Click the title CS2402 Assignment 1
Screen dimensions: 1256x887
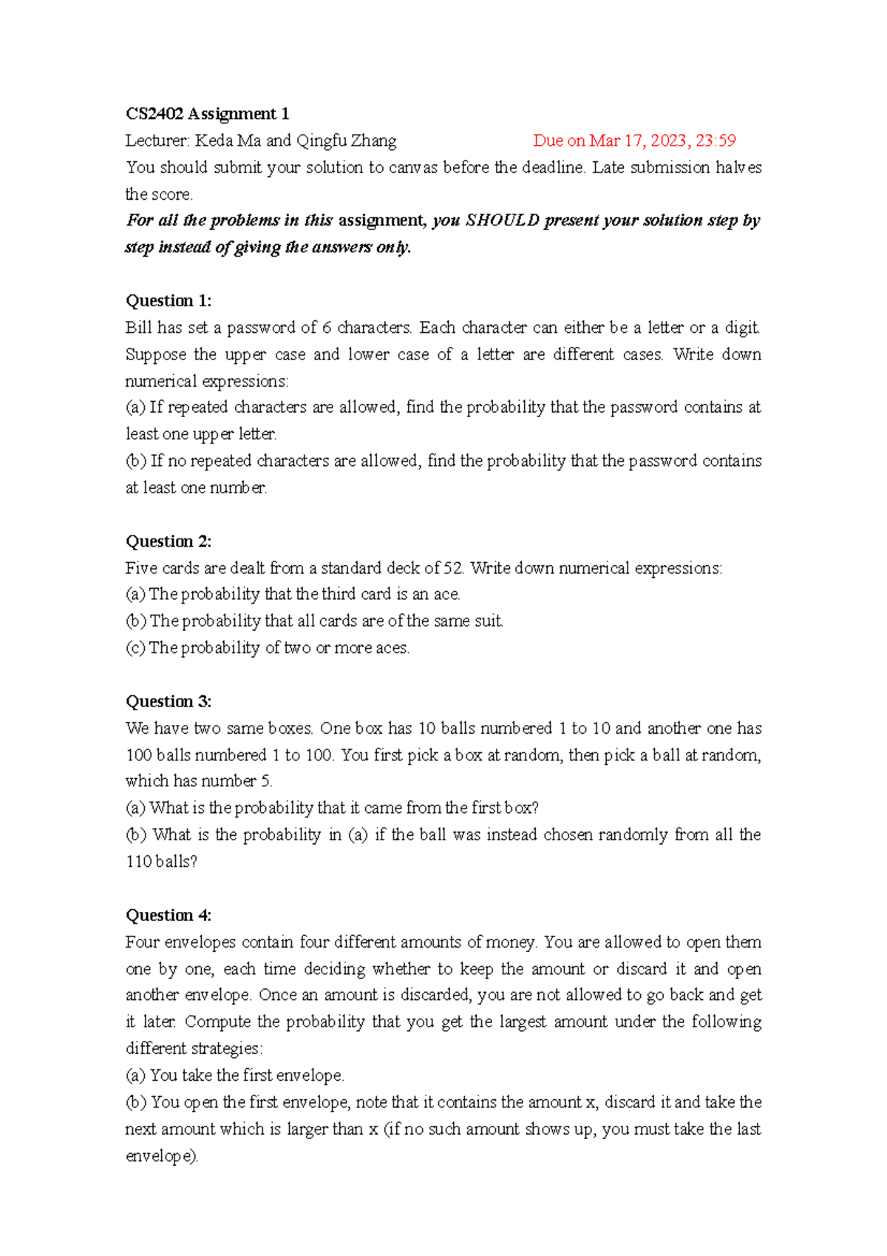coord(207,114)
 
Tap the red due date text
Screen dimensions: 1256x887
coord(634,141)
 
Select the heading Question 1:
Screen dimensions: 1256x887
coord(169,300)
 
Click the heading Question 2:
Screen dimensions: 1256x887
coord(169,541)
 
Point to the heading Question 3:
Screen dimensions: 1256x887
coord(169,701)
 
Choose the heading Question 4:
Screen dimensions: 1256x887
coord(169,915)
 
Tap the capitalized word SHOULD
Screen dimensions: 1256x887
coord(502,220)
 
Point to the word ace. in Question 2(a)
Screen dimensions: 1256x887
coord(446,594)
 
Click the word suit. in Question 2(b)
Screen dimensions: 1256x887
coord(488,621)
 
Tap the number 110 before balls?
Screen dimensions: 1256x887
coord(139,862)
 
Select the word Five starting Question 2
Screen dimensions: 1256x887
coord(141,568)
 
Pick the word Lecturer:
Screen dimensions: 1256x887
coord(157,141)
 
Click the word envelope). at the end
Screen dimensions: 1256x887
coord(162,1155)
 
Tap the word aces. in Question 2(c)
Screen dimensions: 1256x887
coord(392,648)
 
